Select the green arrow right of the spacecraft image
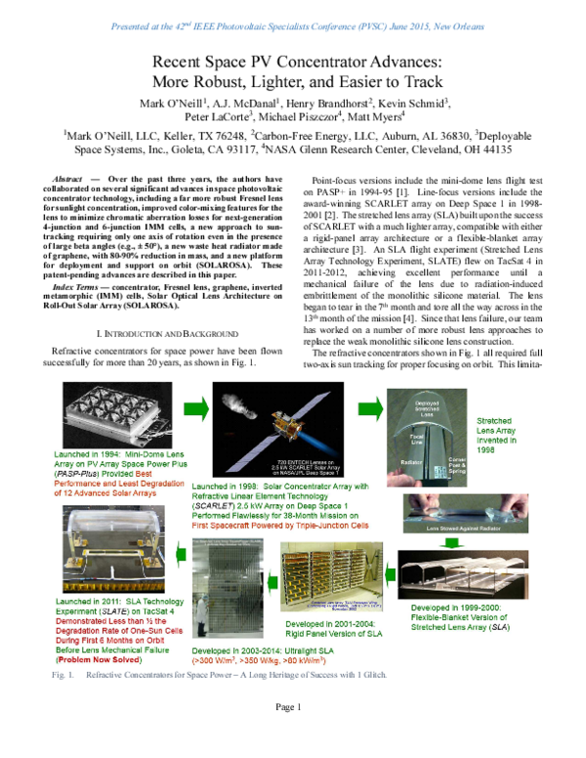369,408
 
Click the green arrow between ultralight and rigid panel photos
273,582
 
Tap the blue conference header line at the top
293,26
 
